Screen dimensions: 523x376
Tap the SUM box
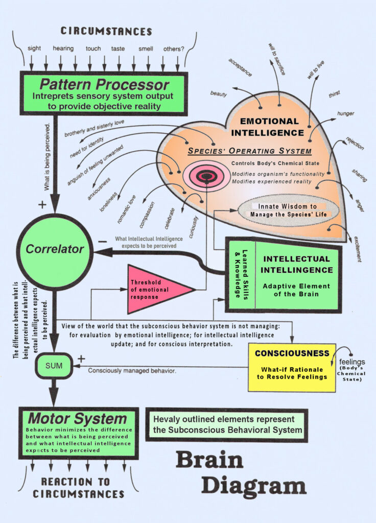[54, 366]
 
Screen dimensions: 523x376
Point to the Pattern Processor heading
[104, 84]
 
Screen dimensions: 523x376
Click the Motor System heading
[77, 419]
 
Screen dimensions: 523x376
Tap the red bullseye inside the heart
[206, 177]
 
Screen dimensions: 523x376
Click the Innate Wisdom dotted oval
[289, 210]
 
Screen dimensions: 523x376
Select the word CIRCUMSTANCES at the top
[106, 31]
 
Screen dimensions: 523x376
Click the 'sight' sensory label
[34, 49]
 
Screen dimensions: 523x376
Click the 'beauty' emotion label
[219, 94]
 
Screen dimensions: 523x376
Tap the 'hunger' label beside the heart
[345, 113]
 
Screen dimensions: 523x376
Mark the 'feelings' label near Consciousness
[352, 362]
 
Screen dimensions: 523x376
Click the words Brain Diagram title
[240, 472]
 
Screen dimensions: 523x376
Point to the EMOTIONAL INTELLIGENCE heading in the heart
[270, 127]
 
